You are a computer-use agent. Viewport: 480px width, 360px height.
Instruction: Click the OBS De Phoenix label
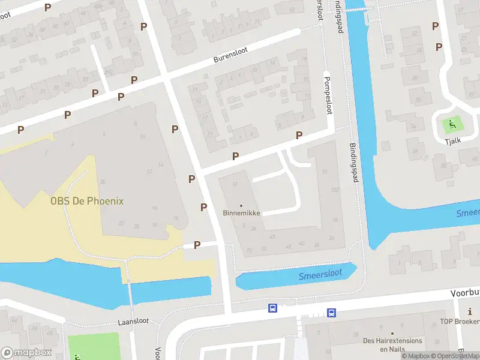point(87,201)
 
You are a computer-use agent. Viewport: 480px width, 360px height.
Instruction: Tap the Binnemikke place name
point(242,213)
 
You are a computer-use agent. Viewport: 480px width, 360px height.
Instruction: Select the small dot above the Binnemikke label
point(242,205)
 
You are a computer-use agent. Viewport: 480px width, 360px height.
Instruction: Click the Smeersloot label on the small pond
point(320,274)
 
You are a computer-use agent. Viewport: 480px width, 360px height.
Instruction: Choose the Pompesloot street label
point(328,95)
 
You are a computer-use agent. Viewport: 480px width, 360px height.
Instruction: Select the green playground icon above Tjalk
point(452,125)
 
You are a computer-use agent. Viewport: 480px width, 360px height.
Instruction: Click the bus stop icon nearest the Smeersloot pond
point(331,313)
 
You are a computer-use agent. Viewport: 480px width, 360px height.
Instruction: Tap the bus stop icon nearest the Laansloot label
point(272,308)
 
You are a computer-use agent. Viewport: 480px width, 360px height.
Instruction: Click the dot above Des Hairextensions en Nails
point(392,334)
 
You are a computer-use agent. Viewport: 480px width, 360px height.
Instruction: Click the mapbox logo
point(26,353)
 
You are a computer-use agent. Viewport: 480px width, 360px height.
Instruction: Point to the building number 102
point(335,190)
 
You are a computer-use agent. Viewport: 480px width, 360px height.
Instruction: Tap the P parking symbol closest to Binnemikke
point(204,207)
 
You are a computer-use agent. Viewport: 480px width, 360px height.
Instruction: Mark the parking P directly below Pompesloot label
point(299,136)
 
